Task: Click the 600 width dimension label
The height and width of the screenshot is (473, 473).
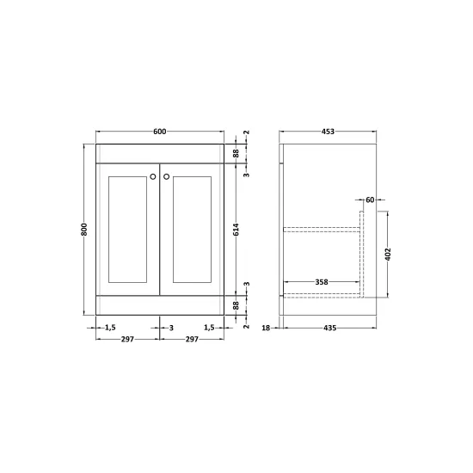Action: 160,132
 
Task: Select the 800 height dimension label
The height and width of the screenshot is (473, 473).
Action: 84,230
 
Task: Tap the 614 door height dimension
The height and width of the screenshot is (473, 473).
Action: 236,230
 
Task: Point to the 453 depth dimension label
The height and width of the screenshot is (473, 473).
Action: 328,132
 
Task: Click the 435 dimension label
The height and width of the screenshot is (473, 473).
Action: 329,328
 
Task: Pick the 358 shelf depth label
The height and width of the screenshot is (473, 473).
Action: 322,282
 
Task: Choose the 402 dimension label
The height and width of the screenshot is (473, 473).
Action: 388,255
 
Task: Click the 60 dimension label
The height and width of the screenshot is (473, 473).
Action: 370,200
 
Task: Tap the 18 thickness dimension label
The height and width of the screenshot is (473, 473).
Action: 266,328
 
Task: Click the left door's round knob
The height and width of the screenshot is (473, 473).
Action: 153,176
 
